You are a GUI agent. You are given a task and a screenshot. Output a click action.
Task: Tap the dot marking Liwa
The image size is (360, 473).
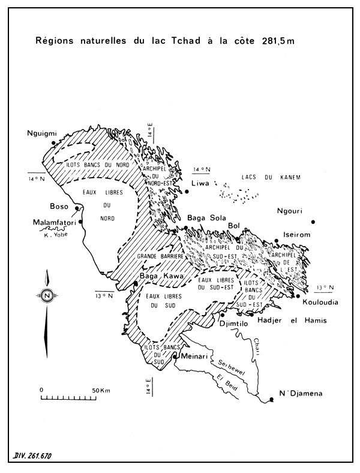coord(187,191)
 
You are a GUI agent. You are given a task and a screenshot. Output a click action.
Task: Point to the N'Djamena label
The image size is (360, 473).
coord(302,394)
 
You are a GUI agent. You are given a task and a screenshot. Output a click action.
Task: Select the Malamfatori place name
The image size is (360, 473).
coord(50,224)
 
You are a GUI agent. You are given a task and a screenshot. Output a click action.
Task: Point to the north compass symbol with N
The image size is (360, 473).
coord(46,295)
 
